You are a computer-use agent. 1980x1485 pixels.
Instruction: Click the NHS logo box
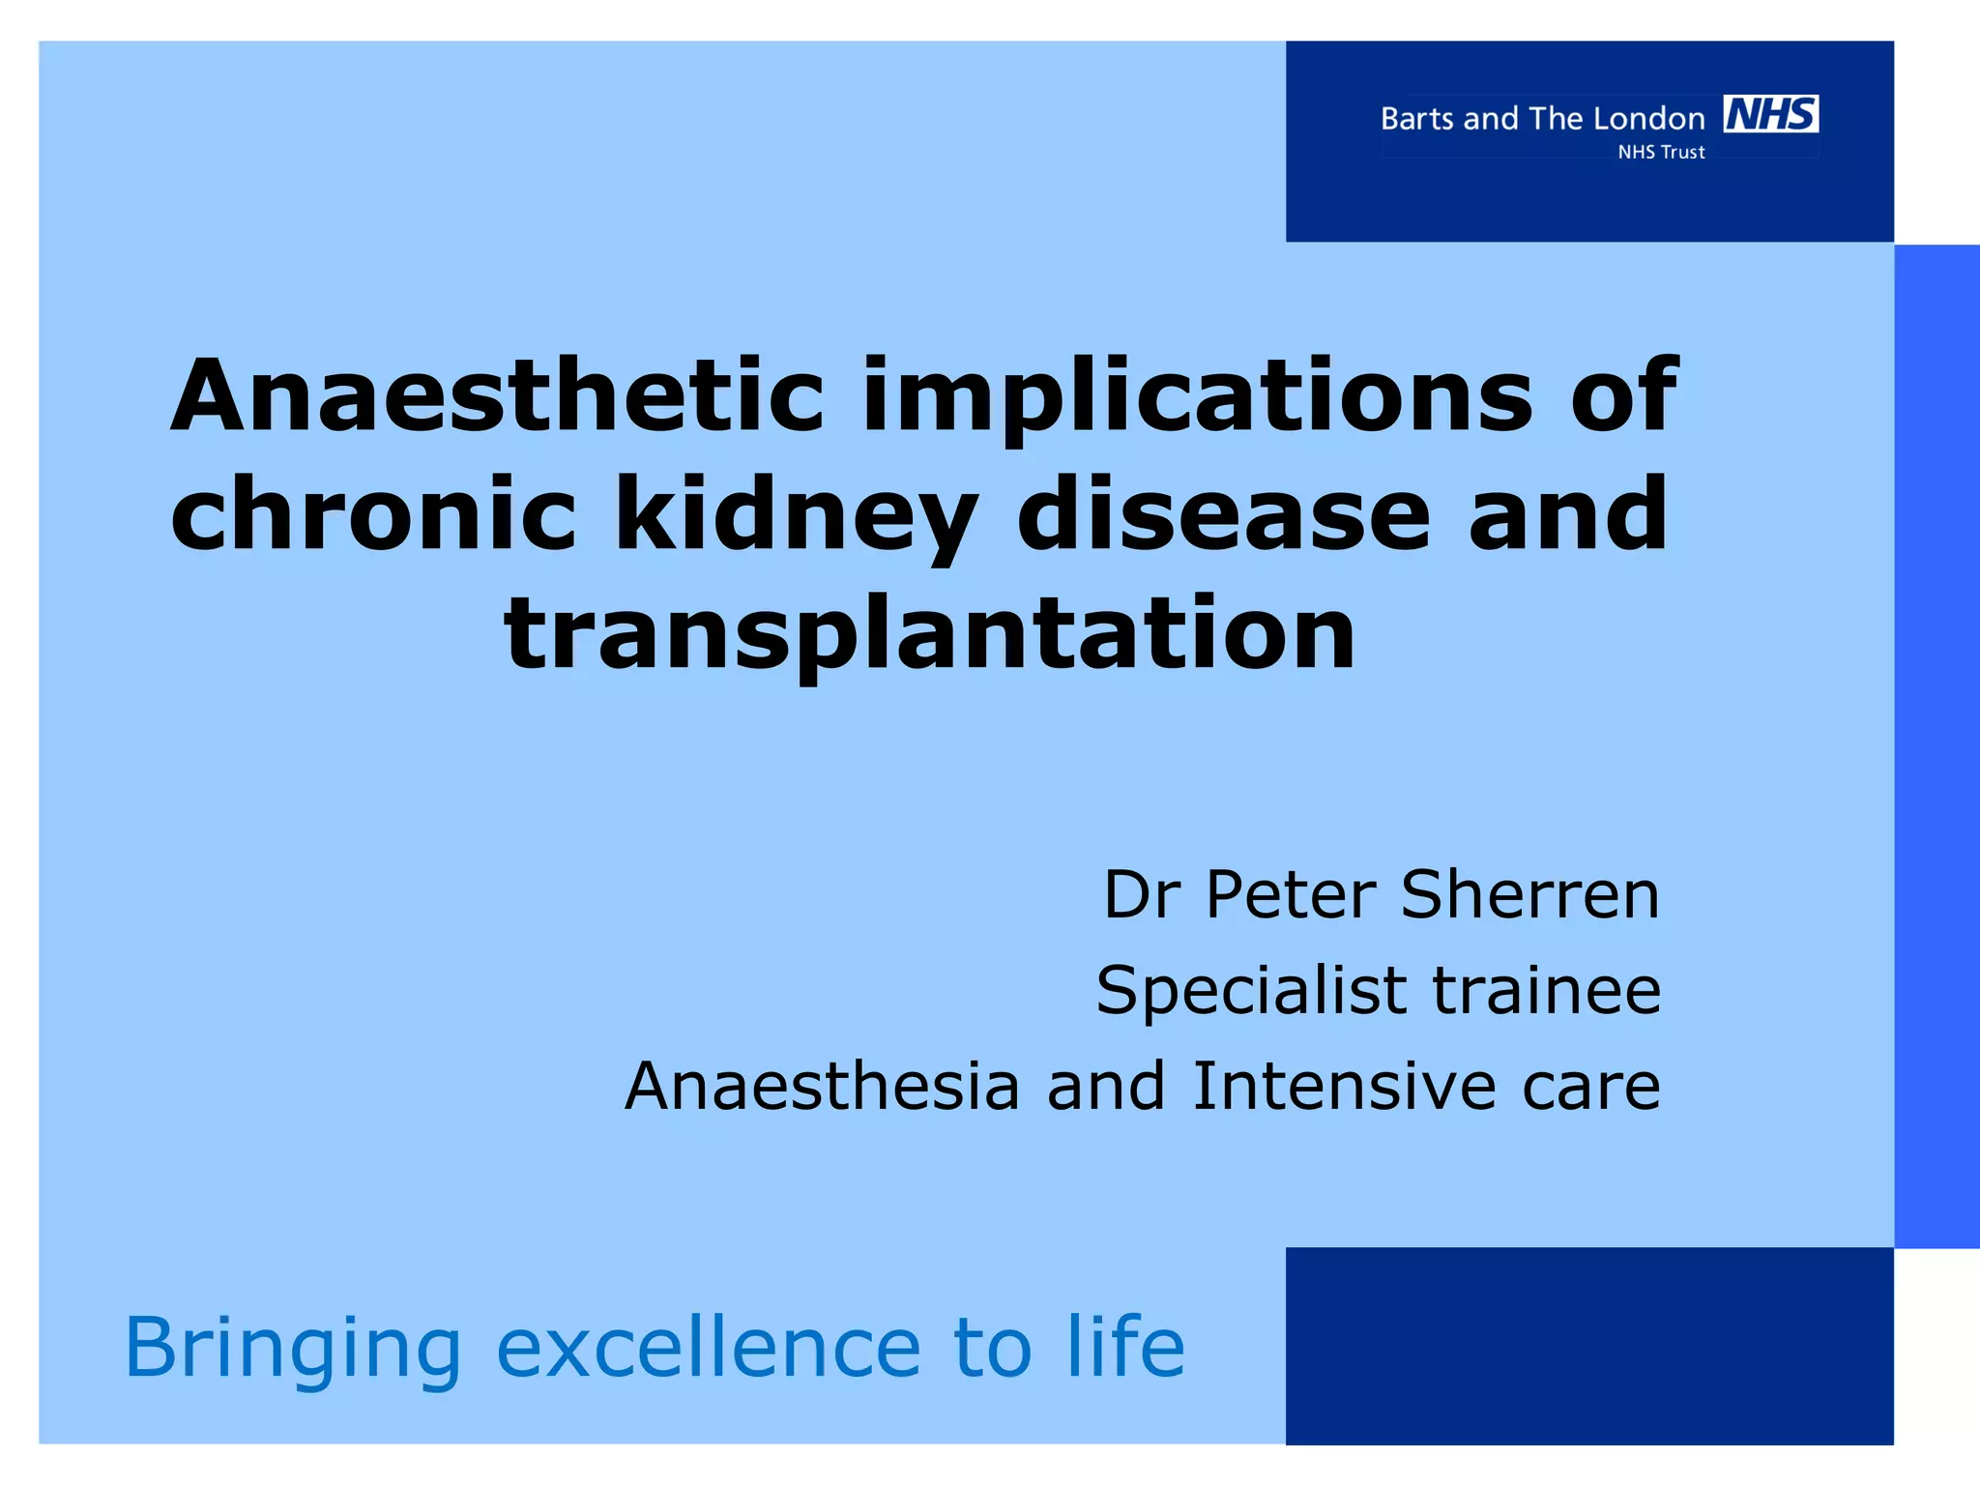tap(1770, 114)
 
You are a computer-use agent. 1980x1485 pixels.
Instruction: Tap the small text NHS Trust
tap(1661, 152)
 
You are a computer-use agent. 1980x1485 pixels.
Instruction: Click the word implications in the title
tap(1197, 395)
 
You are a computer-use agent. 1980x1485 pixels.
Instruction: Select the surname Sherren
tap(1530, 894)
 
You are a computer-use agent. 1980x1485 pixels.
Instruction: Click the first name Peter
tap(1291, 894)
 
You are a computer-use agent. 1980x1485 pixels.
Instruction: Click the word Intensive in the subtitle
tap(1345, 1086)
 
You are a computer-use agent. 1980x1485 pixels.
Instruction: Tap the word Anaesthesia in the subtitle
tap(823, 1086)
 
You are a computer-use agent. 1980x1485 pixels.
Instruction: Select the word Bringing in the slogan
tap(293, 1348)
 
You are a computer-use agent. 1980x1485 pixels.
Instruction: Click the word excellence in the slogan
tap(709, 1348)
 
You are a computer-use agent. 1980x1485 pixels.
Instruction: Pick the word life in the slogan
tap(1125, 1348)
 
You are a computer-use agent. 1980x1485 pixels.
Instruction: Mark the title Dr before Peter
tap(1142, 894)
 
